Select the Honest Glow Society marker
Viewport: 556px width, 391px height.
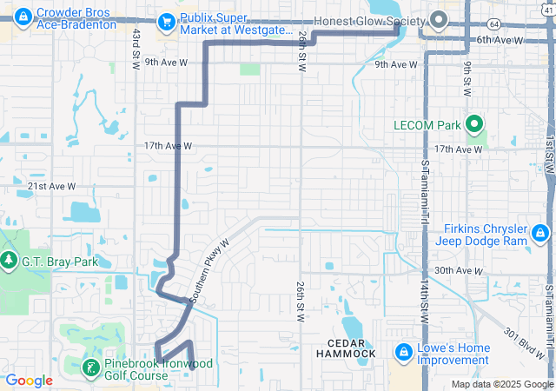click(x=439, y=20)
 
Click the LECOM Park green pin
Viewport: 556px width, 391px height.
click(x=474, y=125)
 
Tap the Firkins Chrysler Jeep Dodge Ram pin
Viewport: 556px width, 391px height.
click(x=539, y=232)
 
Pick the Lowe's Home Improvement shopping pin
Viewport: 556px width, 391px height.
click(x=403, y=353)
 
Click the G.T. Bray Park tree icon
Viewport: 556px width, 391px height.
click(x=8, y=260)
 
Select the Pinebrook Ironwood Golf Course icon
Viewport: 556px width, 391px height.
click(x=89, y=368)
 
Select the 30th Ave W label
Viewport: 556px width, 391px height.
click(x=459, y=270)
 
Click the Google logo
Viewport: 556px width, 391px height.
click(x=30, y=380)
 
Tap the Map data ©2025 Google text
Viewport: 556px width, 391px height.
click(x=501, y=384)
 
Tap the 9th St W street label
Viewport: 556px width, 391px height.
click(x=467, y=78)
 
